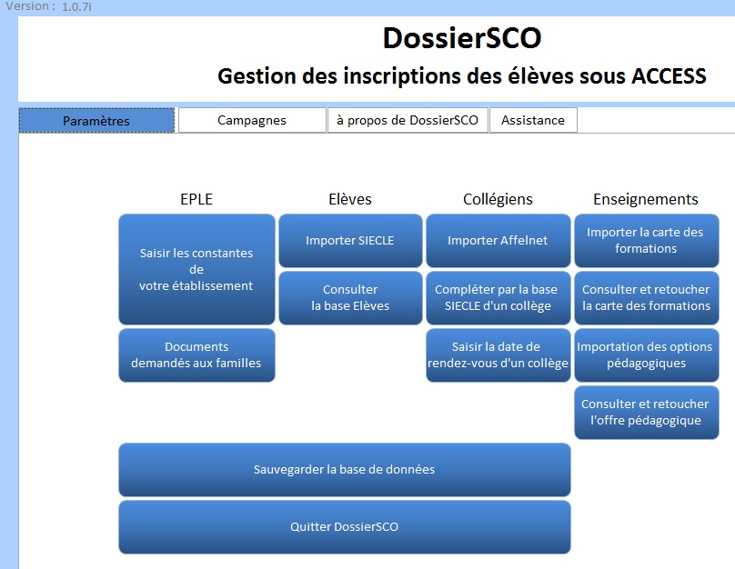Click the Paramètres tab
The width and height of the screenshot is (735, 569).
pyautogui.click(x=96, y=120)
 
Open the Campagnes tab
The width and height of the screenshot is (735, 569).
pyautogui.click(x=252, y=120)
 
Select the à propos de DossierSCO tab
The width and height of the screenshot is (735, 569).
pyautogui.click(x=408, y=120)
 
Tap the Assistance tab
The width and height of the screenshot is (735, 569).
pyautogui.click(x=533, y=120)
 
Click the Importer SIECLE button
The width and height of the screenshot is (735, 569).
pyautogui.click(x=350, y=241)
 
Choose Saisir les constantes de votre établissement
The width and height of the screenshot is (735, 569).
pyautogui.click(x=196, y=269)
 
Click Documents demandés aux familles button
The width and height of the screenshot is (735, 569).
pyautogui.click(x=196, y=355)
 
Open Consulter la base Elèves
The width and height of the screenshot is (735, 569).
pyautogui.click(x=350, y=298)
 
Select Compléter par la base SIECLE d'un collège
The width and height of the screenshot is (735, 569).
pyautogui.click(x=498, y=298)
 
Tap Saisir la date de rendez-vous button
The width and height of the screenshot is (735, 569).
pyautogui.click(x=498, y=355)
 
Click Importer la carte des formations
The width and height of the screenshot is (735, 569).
pyautogui.click(x=647, y=241)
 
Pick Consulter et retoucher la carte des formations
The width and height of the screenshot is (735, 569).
pyautogui.click(x=647, y=298)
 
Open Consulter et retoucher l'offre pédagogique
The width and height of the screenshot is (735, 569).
pyautogui.click(x=647, y=412)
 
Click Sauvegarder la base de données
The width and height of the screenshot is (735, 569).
pyautogui.click(x=345, y=470)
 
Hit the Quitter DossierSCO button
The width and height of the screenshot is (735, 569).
pyautogui.click(x=345, y=527)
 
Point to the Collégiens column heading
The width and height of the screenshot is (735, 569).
pyautogui.click(x=498, y=199)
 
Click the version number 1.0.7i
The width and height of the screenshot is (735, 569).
pyautogui.click(x=76, y=7)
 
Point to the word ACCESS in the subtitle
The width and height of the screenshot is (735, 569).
pyautogui.click(x=669, y=76)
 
